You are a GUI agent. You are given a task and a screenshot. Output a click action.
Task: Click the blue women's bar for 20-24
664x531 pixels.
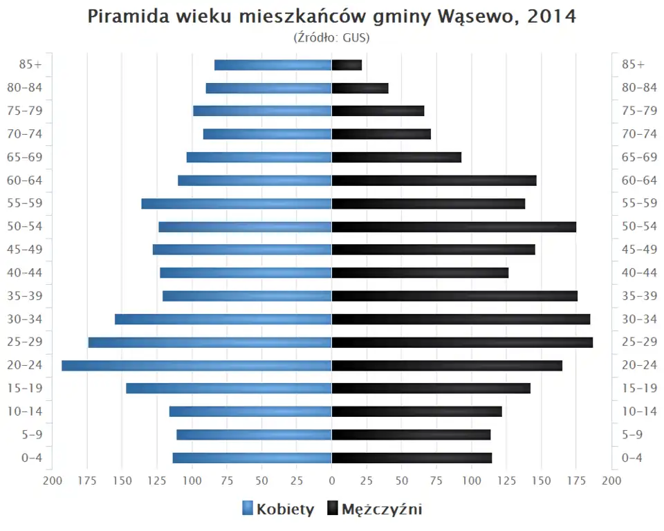click(196, 365)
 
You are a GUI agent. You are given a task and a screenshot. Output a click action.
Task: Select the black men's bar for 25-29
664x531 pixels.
click(462, 342)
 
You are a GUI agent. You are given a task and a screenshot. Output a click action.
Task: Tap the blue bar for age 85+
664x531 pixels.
click(273, 65)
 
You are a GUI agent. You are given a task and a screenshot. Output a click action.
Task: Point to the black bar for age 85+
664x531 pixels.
click(347, 65)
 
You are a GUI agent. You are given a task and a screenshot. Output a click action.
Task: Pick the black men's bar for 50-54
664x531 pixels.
click(454, 227)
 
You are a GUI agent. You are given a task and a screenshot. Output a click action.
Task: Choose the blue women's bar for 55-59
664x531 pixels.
click(237, 203)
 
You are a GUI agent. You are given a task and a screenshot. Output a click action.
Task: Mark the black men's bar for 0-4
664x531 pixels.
click(412, 458)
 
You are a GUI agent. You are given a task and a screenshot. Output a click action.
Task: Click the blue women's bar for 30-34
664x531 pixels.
click(223, 319)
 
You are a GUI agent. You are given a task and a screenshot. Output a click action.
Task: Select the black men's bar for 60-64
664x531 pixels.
click(434, 180)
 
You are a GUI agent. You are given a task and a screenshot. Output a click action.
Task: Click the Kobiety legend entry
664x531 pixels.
click(278, 510)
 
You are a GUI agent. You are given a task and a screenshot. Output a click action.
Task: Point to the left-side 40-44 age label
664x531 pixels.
click(26, 272)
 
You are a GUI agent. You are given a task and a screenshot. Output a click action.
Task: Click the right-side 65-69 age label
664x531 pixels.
click(638, 157)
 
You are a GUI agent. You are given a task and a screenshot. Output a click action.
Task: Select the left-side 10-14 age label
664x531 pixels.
click(26, 411)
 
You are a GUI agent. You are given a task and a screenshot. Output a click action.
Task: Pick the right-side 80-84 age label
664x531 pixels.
click(638, 88)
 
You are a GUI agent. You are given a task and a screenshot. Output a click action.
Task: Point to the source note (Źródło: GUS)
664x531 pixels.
click(332, 37)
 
